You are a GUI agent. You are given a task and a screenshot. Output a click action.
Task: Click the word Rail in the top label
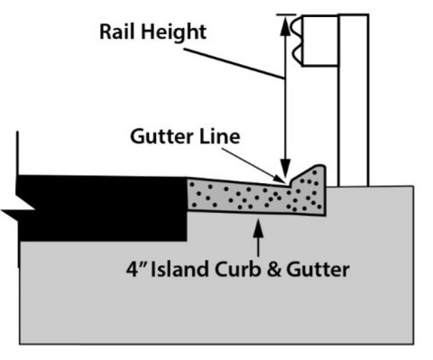(118, 32)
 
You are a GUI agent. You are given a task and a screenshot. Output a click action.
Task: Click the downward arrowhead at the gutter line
(287, 173)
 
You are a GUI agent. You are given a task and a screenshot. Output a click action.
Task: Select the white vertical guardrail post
(353, 117)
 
